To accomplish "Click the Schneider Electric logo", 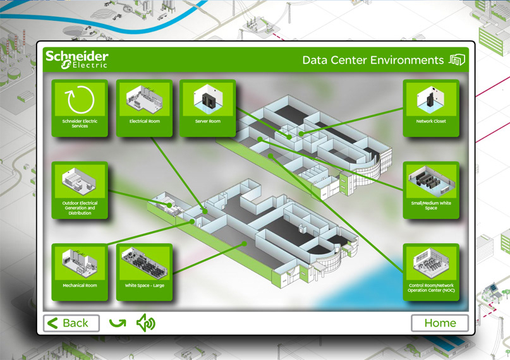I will point(76,59).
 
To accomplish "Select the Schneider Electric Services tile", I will point(80,107).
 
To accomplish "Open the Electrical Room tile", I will point(145,107).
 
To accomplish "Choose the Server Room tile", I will point(207,107).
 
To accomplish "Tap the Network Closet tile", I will point(431,107).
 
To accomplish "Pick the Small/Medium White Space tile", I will point(431,190).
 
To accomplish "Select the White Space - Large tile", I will point(145,272).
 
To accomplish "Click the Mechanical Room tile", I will point(80,272).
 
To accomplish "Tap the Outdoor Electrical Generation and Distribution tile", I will point(80,190).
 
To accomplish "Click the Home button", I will point(440,323).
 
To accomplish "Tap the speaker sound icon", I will point(146,323).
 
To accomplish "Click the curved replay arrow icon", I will point(118,323).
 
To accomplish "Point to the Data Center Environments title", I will point(373,61).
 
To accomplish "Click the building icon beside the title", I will point(457,60).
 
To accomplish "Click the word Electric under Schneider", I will point(90,65).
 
